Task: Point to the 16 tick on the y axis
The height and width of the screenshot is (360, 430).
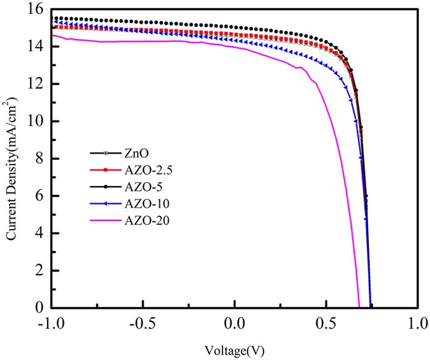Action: [38, 9]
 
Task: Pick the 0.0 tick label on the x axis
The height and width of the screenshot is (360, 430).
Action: [235, 324]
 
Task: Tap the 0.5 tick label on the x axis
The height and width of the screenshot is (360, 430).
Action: [326, 324]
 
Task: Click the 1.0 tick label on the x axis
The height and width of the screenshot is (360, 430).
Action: [417, 324]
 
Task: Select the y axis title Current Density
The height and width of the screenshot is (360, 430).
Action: [11, 159]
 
